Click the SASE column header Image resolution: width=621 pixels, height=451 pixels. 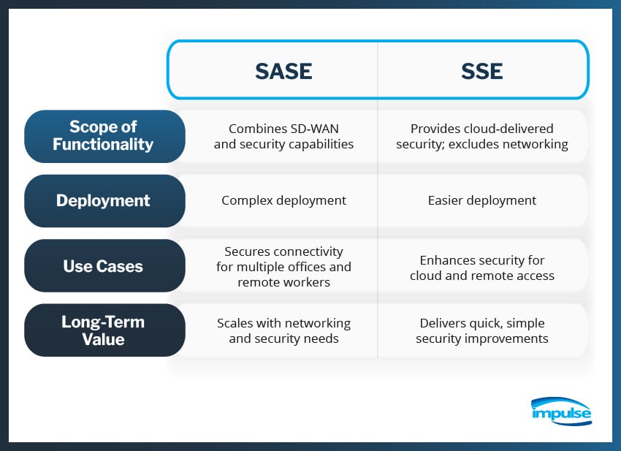click(283, 70)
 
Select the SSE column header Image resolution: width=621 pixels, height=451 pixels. click(481, 70)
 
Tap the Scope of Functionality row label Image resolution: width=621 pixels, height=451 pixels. click(104, 136)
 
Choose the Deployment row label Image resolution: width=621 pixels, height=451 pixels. click(104, 200)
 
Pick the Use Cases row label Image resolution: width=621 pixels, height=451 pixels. click(104, 265)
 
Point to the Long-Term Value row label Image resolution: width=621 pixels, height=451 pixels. click(104, 330)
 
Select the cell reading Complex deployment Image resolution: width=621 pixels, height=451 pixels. click(283, 200)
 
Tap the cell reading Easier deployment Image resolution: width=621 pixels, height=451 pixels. click(481, 200)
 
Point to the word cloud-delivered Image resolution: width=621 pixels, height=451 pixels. click(512, 129)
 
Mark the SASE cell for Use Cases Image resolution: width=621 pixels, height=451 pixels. click(283, 265)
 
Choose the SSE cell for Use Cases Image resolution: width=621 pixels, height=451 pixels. click(481, 268)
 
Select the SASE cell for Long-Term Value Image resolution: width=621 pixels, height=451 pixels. click(283, 330)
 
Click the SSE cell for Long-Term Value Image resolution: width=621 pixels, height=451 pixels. click(481, 330)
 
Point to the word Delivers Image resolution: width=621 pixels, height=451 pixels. click(443, 323)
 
